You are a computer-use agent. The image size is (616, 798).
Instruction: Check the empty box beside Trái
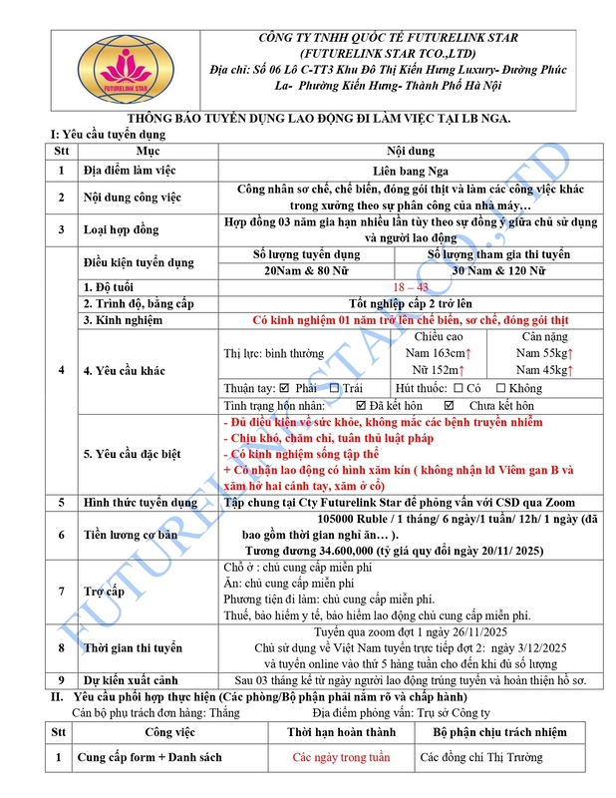pyautogui.click(x=335, y=388)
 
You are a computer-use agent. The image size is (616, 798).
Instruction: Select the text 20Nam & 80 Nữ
pyautogui.click(x=309, y=271)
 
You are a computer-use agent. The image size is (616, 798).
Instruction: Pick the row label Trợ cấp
pyautogui.click(x=105, y=592)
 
